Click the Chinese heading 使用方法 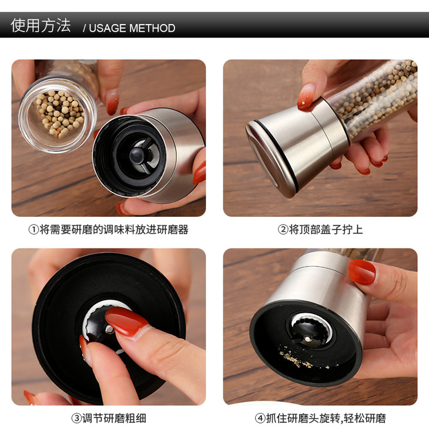coord(41,26)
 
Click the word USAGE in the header coord(108,28)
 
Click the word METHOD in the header coord(152,28)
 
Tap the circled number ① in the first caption coord(33,230)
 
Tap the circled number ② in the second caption coord(283,230)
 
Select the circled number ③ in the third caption coord(76,418)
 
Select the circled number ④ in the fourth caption coord(260,418)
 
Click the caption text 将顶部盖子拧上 coord(326,230)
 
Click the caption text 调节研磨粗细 coord(114,418)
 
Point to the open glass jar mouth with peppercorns coord(58,115)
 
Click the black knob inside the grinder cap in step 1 coord(137,154)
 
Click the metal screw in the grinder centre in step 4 coord(307,338)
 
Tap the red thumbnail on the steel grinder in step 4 coord(362,273)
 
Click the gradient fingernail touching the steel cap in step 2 coord(306,96)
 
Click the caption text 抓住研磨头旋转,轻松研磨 coord(326,418)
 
